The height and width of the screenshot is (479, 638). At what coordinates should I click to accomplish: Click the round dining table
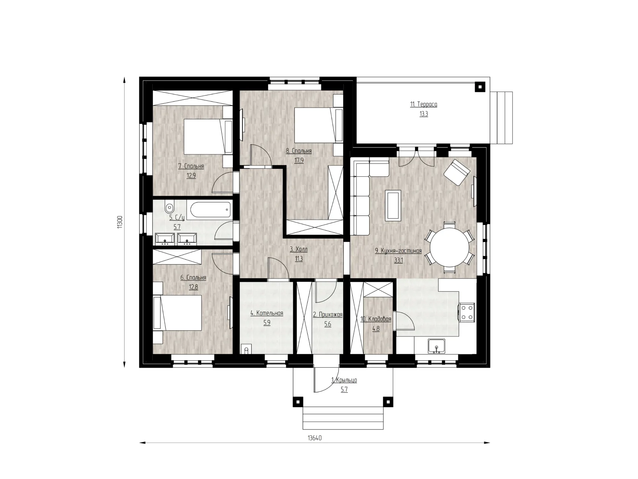point(449,247)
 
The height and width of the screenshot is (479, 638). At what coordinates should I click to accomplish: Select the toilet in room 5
point(169,207)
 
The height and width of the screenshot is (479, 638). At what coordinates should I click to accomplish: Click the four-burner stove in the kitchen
point(467,312)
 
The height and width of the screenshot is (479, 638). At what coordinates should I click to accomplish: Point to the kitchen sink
point(436,346)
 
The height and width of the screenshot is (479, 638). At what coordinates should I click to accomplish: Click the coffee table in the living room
point(393,205)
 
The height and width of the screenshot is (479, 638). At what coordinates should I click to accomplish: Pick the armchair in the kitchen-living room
point(456,172)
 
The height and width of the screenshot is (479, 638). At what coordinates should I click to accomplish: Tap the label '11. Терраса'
point(423,104)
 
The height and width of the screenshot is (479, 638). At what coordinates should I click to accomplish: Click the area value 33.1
point(398,260)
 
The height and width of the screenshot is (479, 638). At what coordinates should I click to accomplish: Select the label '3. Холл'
point(298,249)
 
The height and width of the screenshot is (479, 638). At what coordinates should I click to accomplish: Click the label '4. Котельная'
point(267,313)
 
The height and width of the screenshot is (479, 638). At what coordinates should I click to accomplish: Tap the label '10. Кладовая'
point(376,319)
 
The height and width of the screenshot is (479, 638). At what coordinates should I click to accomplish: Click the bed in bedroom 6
point(177,313)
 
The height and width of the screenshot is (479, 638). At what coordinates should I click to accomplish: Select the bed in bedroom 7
point(208,136)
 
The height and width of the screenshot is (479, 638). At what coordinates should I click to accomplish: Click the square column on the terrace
point(480,87)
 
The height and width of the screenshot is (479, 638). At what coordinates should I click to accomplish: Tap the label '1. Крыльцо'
point(344,380)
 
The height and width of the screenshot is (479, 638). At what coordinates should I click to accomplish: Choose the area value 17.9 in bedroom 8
point(299,160)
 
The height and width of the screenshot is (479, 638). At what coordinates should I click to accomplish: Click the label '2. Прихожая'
point(328,314)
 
